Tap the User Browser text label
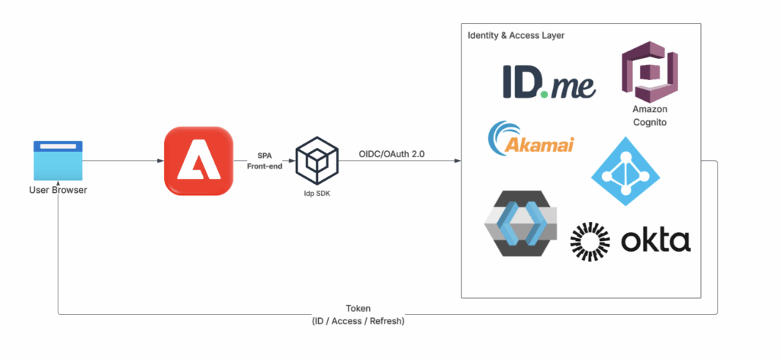[58, 189]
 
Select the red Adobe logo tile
[198, 161]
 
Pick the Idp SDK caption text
[312, 194]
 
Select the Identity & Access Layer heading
[516, 37]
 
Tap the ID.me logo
[548, 82]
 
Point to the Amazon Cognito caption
[650, 116]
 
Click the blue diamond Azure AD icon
[625, 171]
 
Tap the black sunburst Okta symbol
[591, 242]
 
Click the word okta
[655, 241]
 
